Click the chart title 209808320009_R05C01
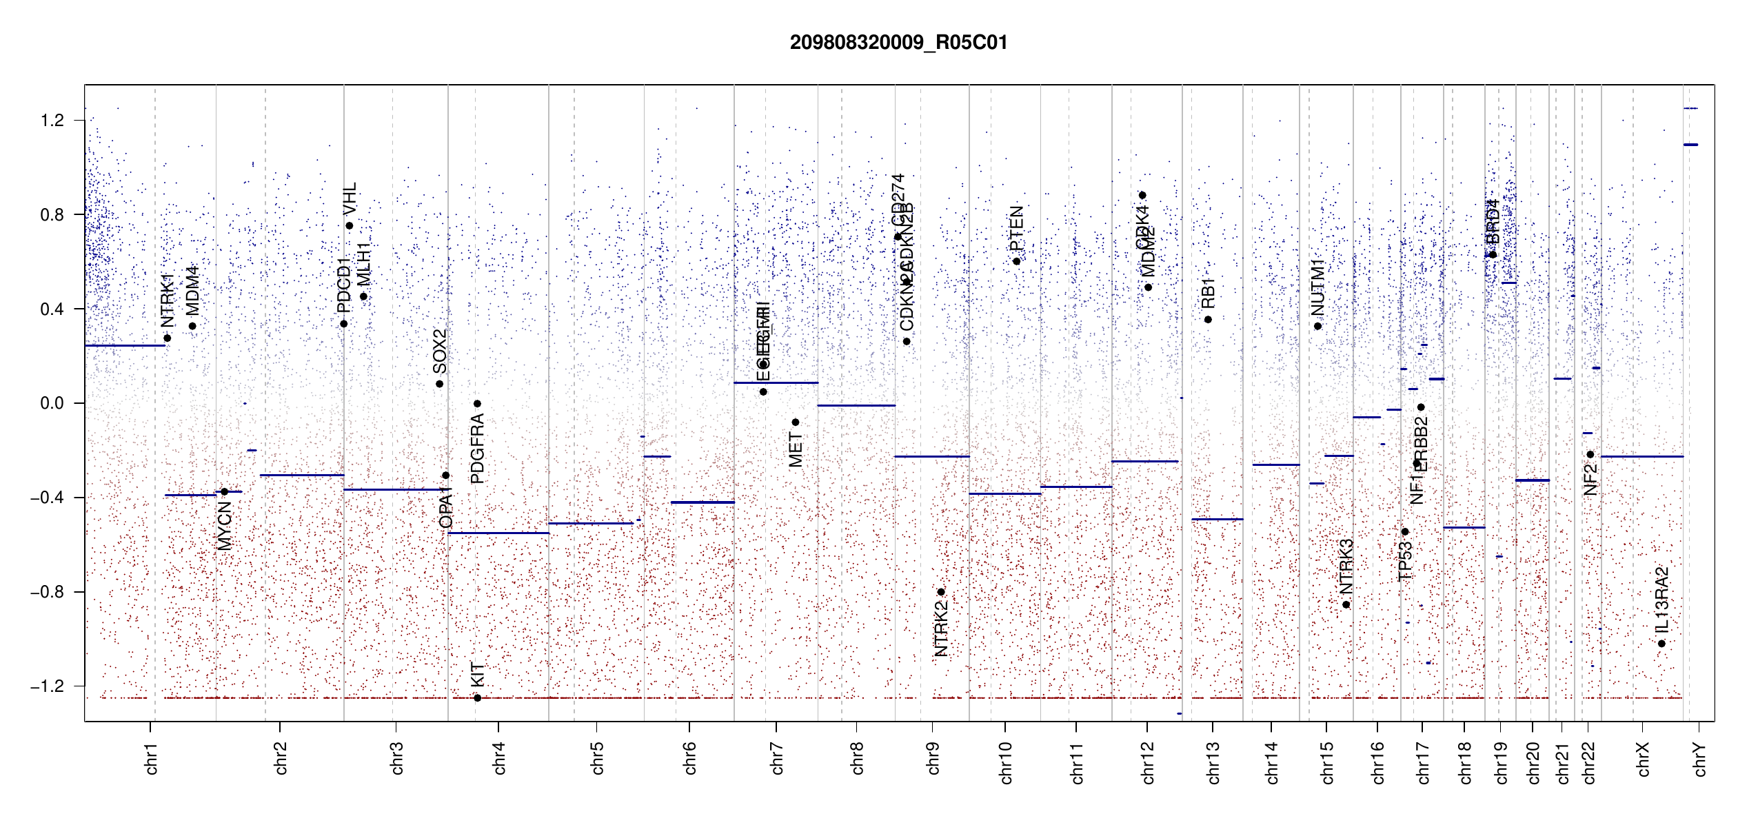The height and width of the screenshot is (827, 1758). [x=898, y=43]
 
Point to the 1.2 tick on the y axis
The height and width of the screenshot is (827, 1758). [x=52, y=121]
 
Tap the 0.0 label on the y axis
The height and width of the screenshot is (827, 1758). [x=52, y=403]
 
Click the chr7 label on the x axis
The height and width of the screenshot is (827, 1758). [x=777, y=758]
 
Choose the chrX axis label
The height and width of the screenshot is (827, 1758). [x=1643, y=759]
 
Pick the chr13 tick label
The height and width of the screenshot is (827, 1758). [x=1213, y=762]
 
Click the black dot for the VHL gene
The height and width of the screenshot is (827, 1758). [x=350, y=226]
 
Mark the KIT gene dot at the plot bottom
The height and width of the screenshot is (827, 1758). [x=477, y=698]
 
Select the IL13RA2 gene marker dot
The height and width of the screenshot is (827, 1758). [x=1661, y=644]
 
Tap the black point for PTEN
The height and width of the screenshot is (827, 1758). [x=1016, y=261]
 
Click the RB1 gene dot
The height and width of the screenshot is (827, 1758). [x=1208, y=320]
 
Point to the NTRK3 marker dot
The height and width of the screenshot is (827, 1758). [x=1346, y=605]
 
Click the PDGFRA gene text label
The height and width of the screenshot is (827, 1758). [x=477, y=448]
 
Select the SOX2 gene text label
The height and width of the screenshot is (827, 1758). [x=440, y=351]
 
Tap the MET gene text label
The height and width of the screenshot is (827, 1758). [x=796, y=449]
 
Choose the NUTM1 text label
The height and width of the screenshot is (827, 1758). [x=1317, y=288]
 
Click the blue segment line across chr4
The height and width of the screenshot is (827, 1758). [x=498, y=533]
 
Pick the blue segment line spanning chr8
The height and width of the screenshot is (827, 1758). [x=856, y=405]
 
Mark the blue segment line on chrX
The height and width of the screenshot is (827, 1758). [x=1641, y=456]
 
